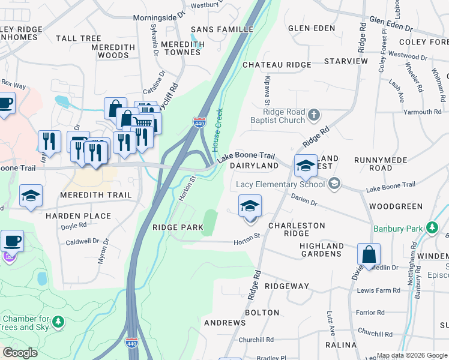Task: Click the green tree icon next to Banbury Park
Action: coord(431,227)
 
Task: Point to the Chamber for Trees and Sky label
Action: coord(26,323)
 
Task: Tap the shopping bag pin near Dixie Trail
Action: coord(369,254)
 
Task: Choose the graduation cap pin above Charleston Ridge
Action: coord(250,206)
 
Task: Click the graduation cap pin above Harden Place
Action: coord(31,196)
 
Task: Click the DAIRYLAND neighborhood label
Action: coord(254,166)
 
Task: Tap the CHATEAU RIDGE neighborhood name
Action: coord(277,65)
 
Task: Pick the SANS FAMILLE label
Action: coord(221,29)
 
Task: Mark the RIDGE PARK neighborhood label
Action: coord(178,228)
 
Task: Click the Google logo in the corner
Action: coord(20,353)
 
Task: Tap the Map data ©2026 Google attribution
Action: coord(412,355)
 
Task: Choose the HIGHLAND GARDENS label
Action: coord(322,250)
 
